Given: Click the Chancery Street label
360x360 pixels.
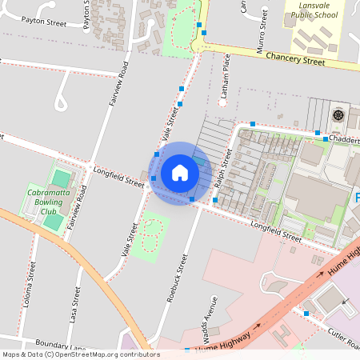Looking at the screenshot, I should coord(295,60).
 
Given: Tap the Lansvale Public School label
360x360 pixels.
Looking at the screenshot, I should coord(314,10).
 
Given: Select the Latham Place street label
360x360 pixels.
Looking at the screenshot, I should coord(226,80).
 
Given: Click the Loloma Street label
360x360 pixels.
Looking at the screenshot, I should coord(31,284).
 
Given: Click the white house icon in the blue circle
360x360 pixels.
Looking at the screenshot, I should coord(180,173).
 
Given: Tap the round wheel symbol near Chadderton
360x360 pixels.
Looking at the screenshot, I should coord(338,114).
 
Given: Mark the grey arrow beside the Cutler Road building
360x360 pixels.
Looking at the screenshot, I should coord(346,302).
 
